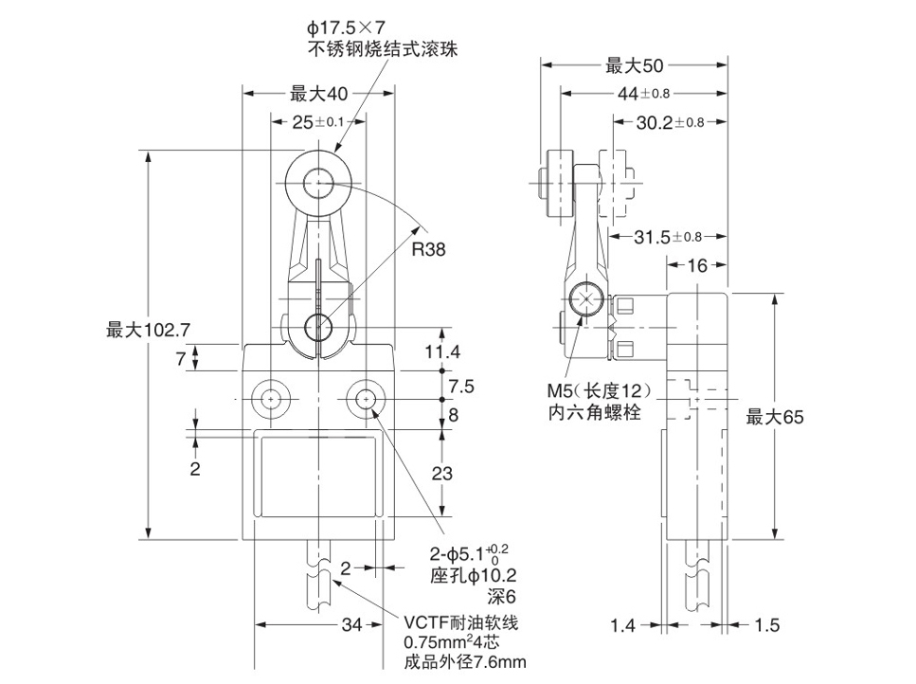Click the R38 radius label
click(427, 249)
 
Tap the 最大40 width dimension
click(319, 93)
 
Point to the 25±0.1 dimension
click(317, 122)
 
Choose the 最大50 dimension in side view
click(634, 65)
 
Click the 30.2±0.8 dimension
click(668, 122)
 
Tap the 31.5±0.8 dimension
click(668, 236)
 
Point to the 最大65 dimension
click(775, 417)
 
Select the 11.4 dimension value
click(442, 351)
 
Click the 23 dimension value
click(442, 475)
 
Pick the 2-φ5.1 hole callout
click(469, 553)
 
